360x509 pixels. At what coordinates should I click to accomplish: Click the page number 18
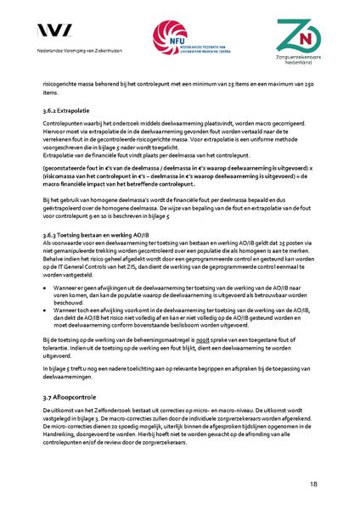coord(313,484)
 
